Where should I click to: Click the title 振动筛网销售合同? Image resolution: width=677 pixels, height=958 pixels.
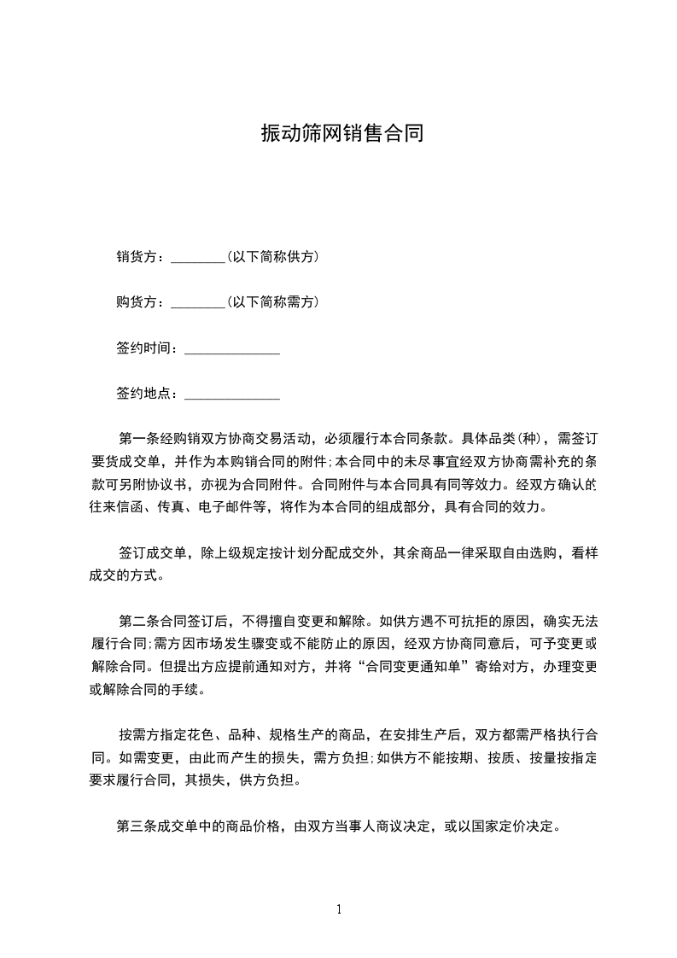341,134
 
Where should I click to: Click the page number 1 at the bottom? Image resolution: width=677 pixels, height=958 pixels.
339,909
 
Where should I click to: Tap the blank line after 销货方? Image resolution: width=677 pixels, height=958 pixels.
197,257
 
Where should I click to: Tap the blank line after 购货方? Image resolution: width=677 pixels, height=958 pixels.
197,302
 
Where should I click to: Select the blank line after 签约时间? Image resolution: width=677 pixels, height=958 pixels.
232,348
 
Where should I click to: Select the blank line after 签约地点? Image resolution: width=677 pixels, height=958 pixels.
232,394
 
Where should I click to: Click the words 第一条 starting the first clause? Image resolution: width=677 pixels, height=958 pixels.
136,440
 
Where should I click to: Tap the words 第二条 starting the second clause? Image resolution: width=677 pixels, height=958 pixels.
136,620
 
